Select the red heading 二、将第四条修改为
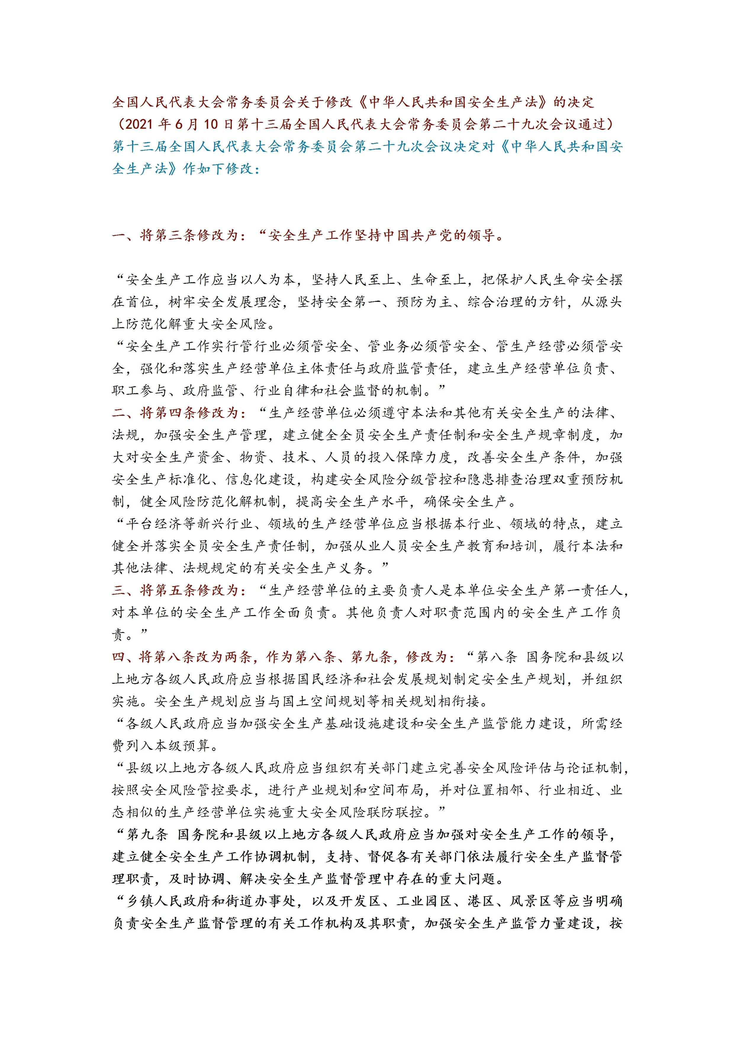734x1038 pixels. [179, 413]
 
